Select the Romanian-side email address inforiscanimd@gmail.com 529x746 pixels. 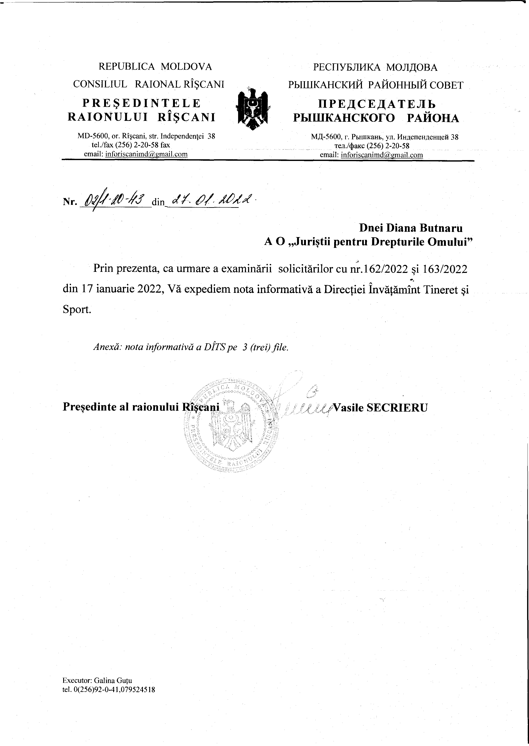(x=146, y=154)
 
